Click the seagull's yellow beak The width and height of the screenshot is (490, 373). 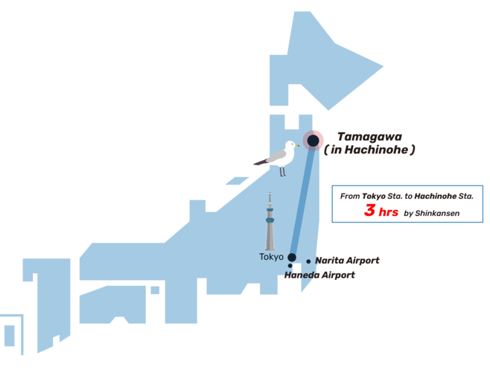pos(296,144)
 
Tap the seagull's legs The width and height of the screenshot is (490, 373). pos(282,171)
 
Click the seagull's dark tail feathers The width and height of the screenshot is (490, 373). pos(258,162)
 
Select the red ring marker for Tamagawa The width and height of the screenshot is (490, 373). pos(314,140)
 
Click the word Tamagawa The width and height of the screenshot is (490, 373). pos(369,136)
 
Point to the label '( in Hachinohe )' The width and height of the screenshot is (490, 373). pos(369,150)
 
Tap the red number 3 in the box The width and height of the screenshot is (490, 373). pos(369,211)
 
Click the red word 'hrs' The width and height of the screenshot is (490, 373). pos(388,212)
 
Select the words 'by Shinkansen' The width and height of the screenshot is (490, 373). pos(432,214)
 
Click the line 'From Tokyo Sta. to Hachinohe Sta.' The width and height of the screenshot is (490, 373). pos(407,196)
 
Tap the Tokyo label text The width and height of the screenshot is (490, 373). pos(271,257)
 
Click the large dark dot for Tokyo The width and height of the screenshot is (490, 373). pos(292,258)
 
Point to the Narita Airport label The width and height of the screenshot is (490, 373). pos(347,261)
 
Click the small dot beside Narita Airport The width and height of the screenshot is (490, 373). pos(308,261)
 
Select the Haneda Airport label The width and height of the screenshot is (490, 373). pos(319,275)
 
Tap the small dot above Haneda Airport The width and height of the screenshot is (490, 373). pos(290,266)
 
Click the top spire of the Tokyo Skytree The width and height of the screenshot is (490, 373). pos(270,194)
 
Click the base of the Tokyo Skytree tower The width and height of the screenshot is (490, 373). pos(270,248)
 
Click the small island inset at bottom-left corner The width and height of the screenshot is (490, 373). pos(9,336)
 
